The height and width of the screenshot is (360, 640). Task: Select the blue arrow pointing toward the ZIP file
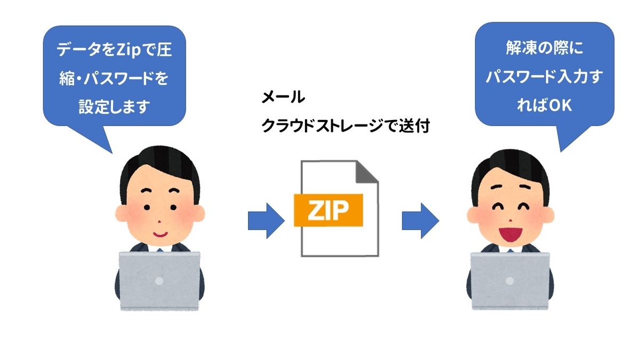tap(265, 220)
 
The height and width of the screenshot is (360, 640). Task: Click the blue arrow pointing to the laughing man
tap(419, 220)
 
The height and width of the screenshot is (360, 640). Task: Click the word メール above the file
tap(283, 98)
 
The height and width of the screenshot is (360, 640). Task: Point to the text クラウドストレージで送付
tap(345, 126)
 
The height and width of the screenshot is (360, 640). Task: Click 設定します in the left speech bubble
tap(113, 107)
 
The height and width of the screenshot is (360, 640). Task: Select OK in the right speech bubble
tap(559, 106)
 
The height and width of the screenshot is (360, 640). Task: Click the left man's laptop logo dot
tap(158, 279)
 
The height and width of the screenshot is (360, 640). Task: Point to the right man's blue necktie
tap(510, 250)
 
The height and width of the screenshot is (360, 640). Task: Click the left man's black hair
tap(159, 163)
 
